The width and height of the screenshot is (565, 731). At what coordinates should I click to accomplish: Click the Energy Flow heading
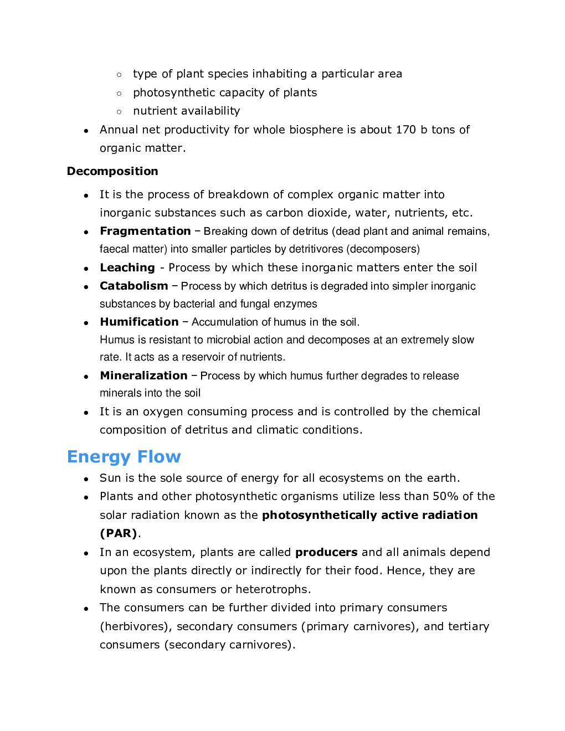coord(124,457)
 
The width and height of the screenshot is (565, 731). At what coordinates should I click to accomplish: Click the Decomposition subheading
coord(112,171)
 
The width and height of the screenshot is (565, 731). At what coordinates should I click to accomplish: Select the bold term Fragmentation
coord(145,231)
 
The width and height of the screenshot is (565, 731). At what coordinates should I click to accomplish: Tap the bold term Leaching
coord(127,267)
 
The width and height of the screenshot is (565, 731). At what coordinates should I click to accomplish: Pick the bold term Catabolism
coord(134,286)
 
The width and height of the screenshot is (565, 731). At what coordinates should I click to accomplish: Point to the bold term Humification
coord(139,322)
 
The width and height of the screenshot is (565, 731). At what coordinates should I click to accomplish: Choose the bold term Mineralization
coord(143,375)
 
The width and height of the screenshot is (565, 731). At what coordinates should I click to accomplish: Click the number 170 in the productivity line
coord(405,130)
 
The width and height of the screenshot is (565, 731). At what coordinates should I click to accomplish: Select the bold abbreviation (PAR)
coord(119,533)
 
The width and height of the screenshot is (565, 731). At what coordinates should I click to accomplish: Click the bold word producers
coord(326,552)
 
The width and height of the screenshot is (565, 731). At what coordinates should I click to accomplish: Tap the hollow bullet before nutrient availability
coord(119,111)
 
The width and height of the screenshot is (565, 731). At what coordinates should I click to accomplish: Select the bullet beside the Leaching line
coord(86,269)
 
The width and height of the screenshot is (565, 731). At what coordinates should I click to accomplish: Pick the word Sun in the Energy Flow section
coord(110,478)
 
